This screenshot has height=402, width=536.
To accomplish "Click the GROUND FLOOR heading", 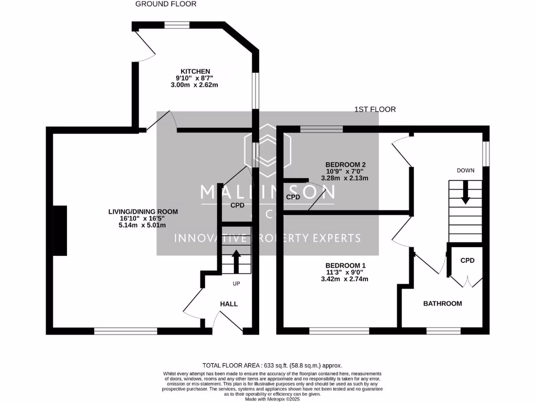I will [166, 4].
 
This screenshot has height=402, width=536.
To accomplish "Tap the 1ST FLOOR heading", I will [375, 109].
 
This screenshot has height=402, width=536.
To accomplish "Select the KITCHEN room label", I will [195, 71].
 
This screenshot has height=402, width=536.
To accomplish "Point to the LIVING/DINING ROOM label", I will [143, 211].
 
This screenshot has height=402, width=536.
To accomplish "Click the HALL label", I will [229, 304].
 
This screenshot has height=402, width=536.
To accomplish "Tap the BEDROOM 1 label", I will [345, 265].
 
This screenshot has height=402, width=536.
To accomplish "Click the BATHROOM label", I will [442, 303].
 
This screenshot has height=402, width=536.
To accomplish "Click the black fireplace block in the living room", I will [59, 230].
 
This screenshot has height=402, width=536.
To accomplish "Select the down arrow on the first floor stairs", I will [465, 196].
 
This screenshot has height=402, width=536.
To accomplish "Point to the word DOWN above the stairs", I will [465, 171].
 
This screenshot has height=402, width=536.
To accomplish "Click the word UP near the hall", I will [237, 283].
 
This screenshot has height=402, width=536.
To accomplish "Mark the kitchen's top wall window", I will [177, 25].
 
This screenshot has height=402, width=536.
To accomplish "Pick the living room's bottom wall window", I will [126, 331].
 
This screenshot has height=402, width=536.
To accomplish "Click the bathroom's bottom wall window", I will [443, 331].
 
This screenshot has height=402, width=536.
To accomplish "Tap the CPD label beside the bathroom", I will [467, 260].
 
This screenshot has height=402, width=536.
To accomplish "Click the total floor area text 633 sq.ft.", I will [272, 365].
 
